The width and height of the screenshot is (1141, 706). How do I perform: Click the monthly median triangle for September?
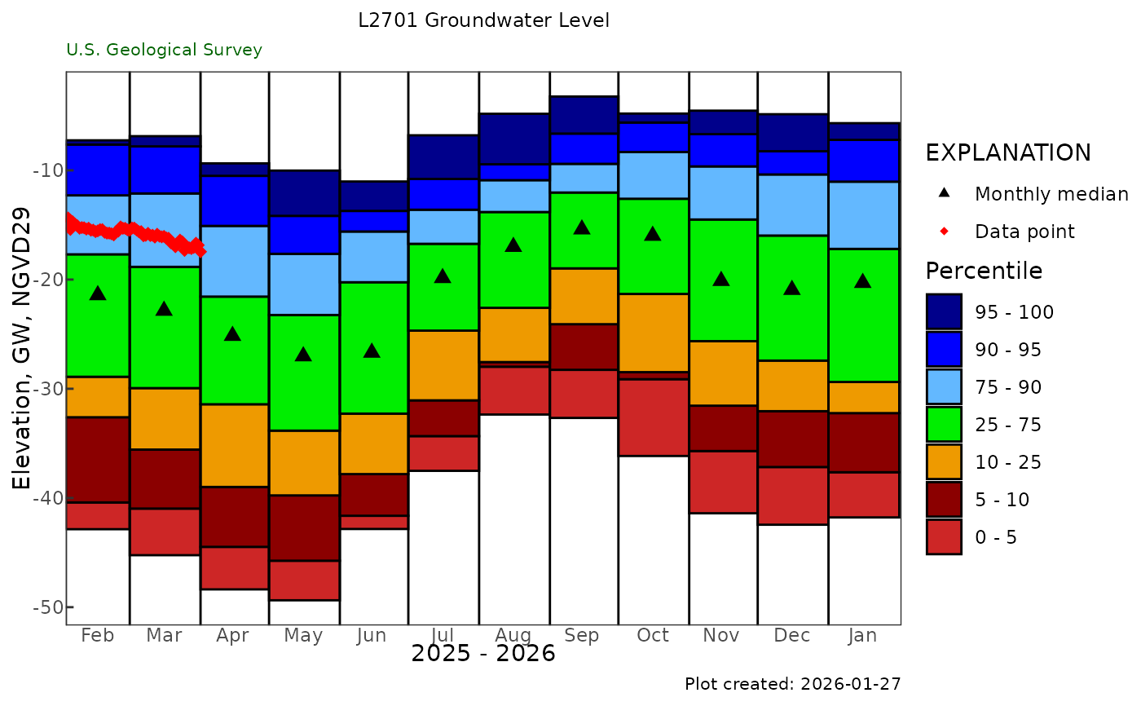pyautogui.click(x=582, y=227)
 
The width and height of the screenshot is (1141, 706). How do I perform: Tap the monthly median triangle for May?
pyautogui.click(x=303, y=355)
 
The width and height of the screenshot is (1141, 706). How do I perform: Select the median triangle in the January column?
pyautogui.click(x=863, y=281)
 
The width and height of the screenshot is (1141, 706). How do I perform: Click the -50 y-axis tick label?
pyautogui.click(x=43, y=607)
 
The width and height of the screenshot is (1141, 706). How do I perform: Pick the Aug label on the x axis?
pyautogui.click(x=513, y=636)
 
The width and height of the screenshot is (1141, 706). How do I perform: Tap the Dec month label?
pyautogui.click(x=792, y=636)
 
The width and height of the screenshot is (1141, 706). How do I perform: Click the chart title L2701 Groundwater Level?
pyautogui.click(x=484, y=20)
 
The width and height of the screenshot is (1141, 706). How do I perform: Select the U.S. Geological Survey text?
pyautogui.click(x=165, y=50)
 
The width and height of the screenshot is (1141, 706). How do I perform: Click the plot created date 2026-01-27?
pyautogui.click(x=793, y=684)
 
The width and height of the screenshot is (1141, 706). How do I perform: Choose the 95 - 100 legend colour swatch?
pyautogui.click(x=944, y=312)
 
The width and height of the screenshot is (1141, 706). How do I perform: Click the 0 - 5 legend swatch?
pyautogui.click(x=944, y=537)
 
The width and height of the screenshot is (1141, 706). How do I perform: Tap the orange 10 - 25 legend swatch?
pyautogui.click(x=944, y=462)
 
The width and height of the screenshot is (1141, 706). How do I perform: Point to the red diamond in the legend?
pyautogui.click(x=944, y=232)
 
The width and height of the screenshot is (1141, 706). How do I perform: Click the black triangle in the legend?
pyautogui.click(x=944, y=194)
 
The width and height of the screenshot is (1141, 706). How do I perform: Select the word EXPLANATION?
pyautogui.click(x=1008, y=153)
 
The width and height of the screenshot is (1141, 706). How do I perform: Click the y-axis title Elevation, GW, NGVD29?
pyautogui.click(x=23, y=348)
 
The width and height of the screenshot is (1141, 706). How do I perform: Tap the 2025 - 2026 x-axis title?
pyautogui.click(x=483, y=654)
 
